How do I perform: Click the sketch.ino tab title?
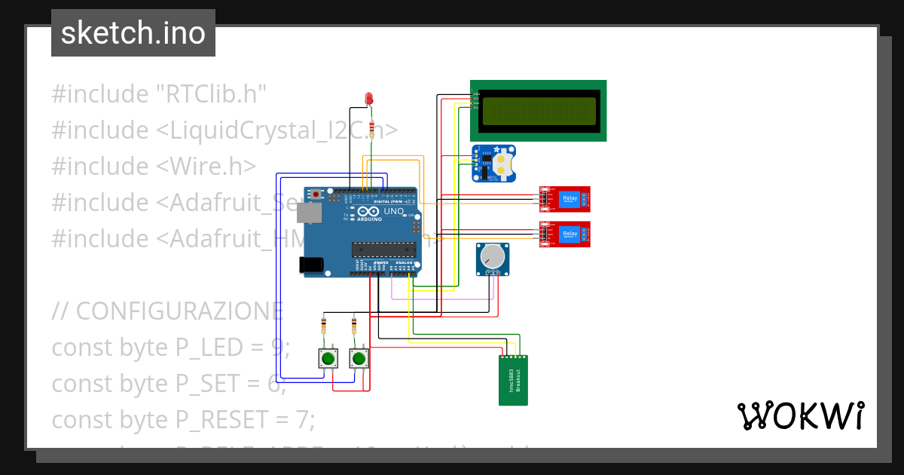coord(133,33)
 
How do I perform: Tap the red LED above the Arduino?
coord(369,98)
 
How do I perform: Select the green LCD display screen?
coord(539,110)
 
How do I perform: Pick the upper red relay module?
coord(564,199)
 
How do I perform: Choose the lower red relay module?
coord(564,234)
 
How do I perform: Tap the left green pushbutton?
coord(328,359)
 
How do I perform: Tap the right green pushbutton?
coord(359,359)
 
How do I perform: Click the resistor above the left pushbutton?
coord(324,326)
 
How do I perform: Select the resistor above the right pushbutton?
coord(354,326)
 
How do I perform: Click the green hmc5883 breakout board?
coord(513,381)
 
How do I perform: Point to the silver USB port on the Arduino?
coord(309,214)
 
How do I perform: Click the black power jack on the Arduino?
coord(311,265)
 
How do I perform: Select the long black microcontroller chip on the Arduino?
coord(384,250)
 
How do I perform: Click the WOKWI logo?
coord(800,415)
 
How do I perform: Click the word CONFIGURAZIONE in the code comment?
coord(180,311)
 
